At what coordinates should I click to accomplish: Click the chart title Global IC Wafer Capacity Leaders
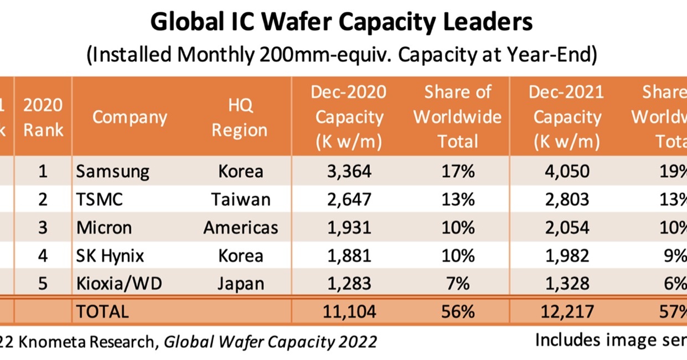pyautogui.click(x=341, y=23)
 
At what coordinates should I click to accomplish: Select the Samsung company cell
pyautogui.click(x=113, y=172)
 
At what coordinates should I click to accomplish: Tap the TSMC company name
pyautogui.click(x=100, y=199)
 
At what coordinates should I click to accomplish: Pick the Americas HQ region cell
pyautogui.click(x=240, y=228)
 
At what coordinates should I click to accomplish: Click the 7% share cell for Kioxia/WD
pyautogui.click(x=458, y=284)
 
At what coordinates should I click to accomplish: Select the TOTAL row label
pyautogui.click(x=102, y=311)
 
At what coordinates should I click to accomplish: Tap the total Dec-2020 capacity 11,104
pyautogui.click(x=349, y=311)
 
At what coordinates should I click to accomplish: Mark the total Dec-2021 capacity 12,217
pyautogui.click(x=566, y=311)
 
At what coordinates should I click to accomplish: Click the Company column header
pyautogui.click(x=130, y=117)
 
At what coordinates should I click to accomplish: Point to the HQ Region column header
pyautogui.click(x=239, y=117)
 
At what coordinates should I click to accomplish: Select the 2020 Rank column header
pyautogui.click(x=43, y=117)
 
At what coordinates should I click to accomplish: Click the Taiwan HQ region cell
pyautogui.click(x=240, y=199)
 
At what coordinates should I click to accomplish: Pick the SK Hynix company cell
pyautogui.click(x=110, y=256)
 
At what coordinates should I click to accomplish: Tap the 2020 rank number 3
pyautogui.click(x=43, y=228)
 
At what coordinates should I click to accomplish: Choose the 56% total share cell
pyautogui.click(x=458, y=311)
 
